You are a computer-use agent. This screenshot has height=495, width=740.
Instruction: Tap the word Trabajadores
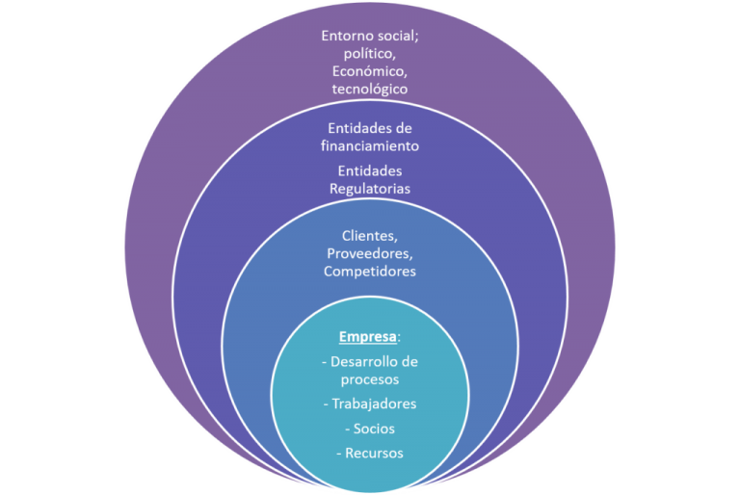click(375, 404)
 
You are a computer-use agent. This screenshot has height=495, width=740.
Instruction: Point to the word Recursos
click(375, 453)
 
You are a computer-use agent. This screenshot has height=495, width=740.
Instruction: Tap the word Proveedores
click(370, 253)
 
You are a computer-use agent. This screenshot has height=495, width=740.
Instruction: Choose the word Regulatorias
click(370, 189)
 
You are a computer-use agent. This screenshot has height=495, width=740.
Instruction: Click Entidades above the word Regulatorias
click(370, 170)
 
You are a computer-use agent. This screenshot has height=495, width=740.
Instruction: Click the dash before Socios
click(345, 429)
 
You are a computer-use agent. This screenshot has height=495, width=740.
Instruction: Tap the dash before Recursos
click(338, 453)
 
